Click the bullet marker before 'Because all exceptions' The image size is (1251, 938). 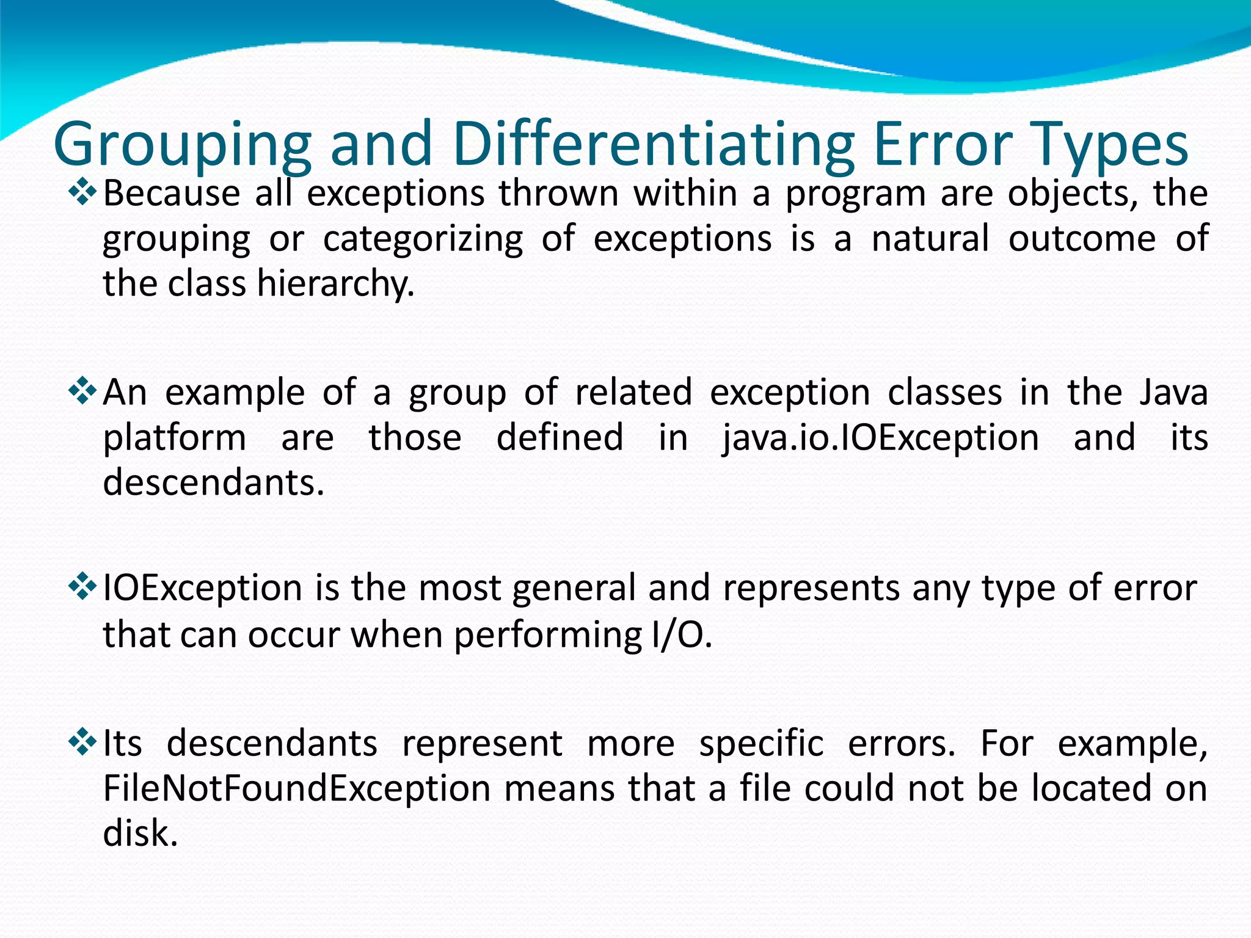82,193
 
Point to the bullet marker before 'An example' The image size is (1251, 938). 82,391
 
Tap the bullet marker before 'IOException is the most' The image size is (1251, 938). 82,587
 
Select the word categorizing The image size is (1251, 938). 423,239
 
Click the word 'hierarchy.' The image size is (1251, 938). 335,285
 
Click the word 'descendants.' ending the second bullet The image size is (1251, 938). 213,482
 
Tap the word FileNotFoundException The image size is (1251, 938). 297,788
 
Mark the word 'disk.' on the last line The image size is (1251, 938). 140,833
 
